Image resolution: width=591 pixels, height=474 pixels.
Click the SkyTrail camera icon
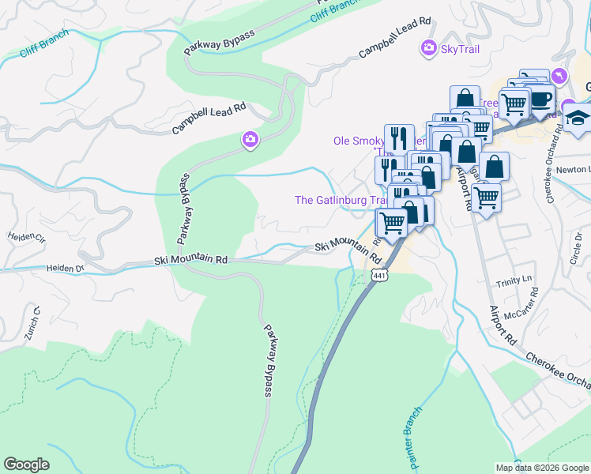click(x=428, y=49)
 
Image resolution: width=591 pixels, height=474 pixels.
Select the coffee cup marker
click(x=541, y=99)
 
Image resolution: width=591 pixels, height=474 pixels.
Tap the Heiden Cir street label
click(x=27, y=236)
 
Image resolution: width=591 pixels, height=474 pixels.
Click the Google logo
click(x=27, y=465)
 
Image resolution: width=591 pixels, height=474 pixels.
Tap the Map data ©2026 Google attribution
click(x=541, y=468)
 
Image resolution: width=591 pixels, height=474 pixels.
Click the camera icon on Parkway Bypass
click(x=249, y=140)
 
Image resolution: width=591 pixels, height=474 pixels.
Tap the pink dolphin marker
click(x=560, y=75)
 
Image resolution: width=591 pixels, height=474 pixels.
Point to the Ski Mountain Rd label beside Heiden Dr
click(x=190, y=259)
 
